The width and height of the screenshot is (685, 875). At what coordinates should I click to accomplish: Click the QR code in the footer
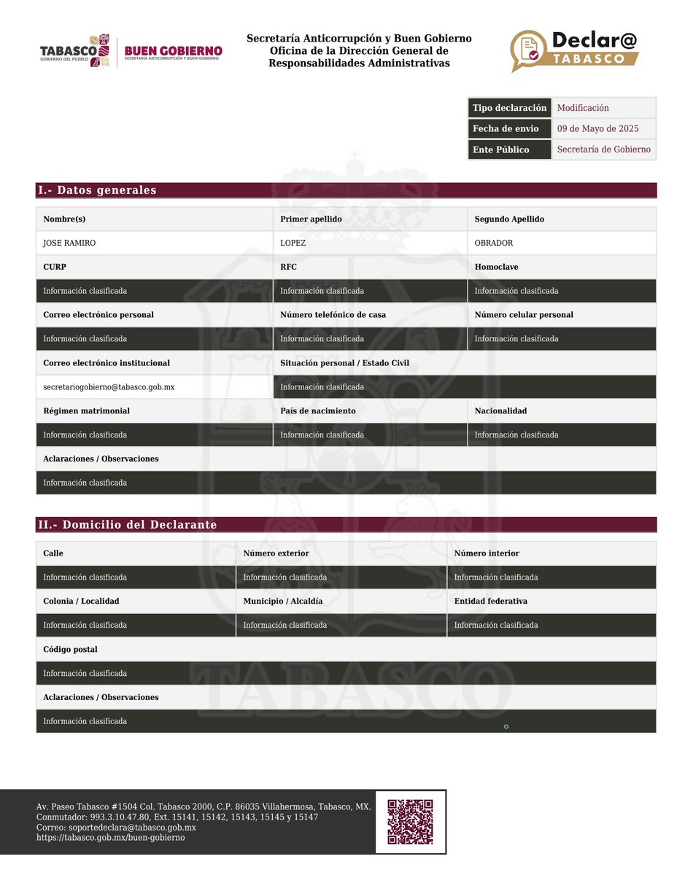tap(410, 822)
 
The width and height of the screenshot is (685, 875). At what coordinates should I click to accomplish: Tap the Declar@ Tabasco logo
tap(574, 50)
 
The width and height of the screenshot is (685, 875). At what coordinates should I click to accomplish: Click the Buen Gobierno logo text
tap(173, 52)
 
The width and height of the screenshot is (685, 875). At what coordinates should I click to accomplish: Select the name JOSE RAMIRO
tap(69, 243)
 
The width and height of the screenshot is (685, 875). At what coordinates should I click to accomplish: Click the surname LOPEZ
tap(293, 243)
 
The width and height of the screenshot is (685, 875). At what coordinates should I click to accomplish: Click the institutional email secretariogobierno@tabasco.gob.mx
tap(109, 387)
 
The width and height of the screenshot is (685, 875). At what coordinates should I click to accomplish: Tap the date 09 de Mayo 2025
tap(597, 129)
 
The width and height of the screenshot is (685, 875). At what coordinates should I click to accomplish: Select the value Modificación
tap(583, 108)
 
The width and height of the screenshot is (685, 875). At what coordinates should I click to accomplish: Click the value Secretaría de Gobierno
tap(603, 149)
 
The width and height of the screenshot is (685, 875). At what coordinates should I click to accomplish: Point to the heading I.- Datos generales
tap(97, 190)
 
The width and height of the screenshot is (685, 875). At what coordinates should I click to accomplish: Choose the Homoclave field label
tap(496, 267)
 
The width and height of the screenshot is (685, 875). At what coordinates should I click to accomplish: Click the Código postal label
tap(70, 649)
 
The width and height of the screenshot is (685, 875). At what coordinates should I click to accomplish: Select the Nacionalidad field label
tap(500, 411)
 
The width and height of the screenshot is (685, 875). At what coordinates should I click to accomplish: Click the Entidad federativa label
tap(490, 601)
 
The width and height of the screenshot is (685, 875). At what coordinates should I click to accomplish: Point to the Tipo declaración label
tap(509, 108)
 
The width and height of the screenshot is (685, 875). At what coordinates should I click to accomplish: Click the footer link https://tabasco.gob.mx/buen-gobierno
tap(111, 838)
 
